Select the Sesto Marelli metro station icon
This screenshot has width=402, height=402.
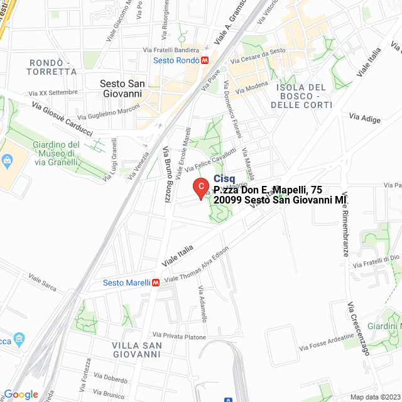156,283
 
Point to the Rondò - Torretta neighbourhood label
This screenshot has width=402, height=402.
53,67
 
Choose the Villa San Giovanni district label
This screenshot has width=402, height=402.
137,350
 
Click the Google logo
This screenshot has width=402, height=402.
21,394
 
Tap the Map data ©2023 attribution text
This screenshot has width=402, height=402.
374,397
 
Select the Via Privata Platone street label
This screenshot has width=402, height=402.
179,337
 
